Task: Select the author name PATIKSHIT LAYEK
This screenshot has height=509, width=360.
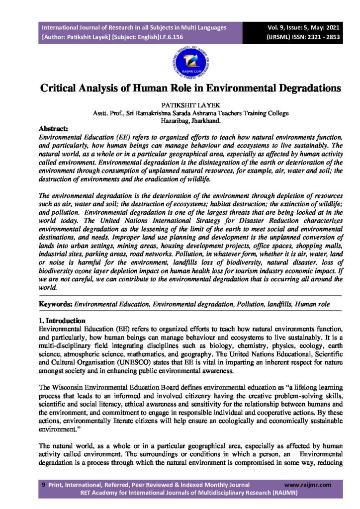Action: (x=180, y=106)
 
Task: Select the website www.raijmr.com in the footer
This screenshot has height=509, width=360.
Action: (x=307, y=485)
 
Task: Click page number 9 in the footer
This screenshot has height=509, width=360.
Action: (x=44, y=485)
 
